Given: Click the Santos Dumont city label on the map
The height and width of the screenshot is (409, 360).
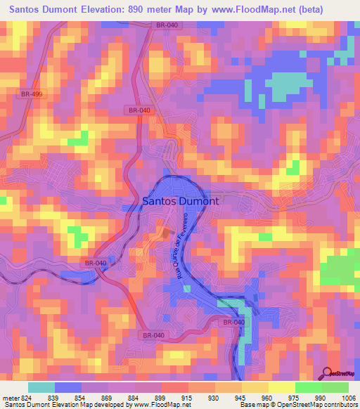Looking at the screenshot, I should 181,200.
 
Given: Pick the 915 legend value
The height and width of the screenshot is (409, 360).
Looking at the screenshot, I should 188,398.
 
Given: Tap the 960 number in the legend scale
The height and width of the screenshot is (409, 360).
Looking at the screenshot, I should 268,398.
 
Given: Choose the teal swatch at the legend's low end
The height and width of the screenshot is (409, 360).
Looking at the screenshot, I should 41,387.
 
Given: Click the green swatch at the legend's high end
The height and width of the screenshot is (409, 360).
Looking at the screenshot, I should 335,387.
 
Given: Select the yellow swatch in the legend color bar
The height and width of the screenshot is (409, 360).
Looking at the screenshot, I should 281,387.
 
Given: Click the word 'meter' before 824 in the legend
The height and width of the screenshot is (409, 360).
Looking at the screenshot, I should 8,398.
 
